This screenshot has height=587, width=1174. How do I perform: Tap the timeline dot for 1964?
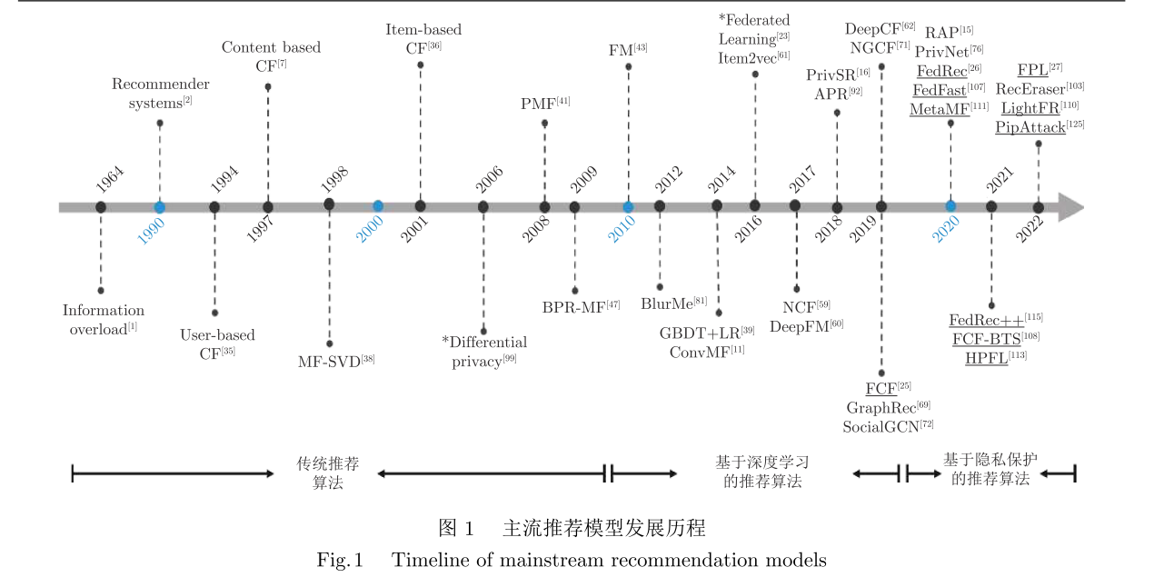click(x=101, y=207)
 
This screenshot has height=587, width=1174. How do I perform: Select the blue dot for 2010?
click(x=628, y=207)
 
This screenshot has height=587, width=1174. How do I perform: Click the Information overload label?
click(x=104, y=320)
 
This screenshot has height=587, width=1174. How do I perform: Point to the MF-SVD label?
click(x=336, y=361)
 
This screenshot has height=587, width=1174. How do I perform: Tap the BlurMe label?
click(x=674, y=303)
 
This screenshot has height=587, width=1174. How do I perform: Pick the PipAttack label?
click(x=1030, y=127)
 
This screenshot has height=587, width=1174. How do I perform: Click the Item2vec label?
click(x=753, y=57)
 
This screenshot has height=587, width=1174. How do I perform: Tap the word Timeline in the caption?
click(x=427, y=560)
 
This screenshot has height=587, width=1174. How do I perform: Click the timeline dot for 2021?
click(x=991, y=207)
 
